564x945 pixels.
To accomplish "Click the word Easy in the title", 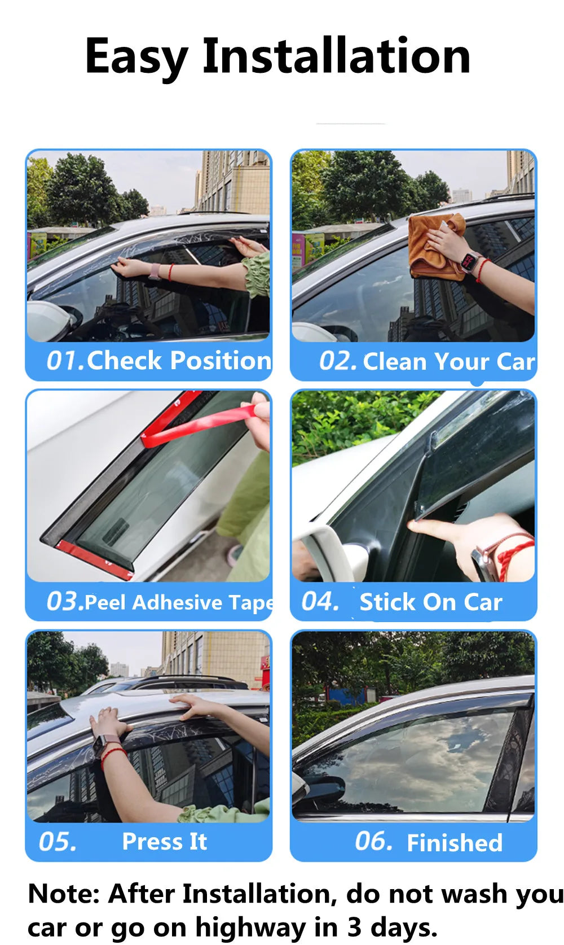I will [135, 56].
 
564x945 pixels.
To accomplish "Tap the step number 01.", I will [64, 361].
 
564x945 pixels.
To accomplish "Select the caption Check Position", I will [179, 360].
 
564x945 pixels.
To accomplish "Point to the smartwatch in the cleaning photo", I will [469, 262].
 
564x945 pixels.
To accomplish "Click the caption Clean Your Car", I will [448, 361].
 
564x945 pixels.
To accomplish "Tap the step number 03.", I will [64, 602].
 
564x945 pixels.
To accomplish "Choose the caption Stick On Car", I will [431, 602].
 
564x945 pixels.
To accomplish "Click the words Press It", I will [164, 842].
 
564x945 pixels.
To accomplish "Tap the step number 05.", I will [57, 842].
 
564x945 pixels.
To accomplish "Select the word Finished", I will [455, 843].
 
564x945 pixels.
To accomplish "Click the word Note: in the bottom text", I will [63, 894].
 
